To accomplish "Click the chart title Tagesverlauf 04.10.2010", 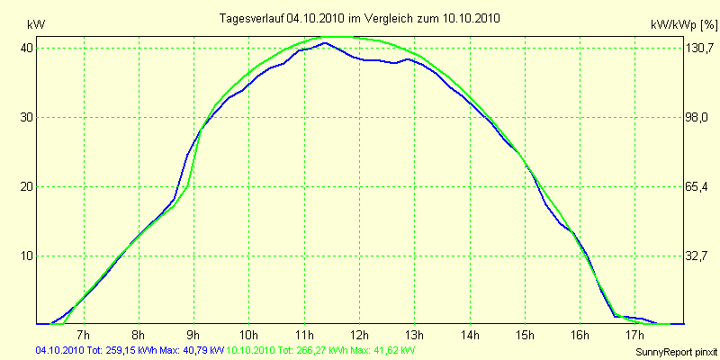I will point(361,18).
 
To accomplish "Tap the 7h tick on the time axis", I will point(84,334).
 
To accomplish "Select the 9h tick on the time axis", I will point(193,334).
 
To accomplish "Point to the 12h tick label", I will point(359,334).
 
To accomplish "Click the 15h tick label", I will point(525,334).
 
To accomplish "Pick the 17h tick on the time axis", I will point(635,334).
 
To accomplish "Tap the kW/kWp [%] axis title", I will point(684,24).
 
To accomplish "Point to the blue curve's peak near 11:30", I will point(325,42).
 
